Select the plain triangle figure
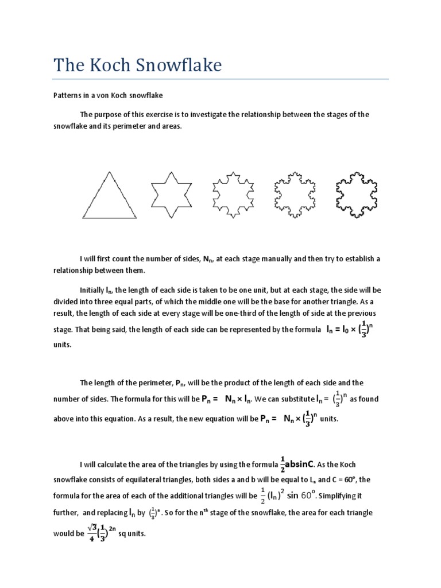pos(109,195)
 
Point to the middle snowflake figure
pos(233,195)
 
